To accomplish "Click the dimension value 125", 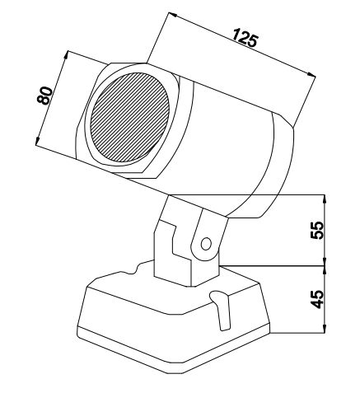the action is (x=245, y=38).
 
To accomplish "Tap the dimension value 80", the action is (x=44, y=96).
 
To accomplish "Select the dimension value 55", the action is (x=317, y=230).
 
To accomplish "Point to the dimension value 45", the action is (x=317, y=299).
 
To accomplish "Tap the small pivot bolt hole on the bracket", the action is (x=206, y=244).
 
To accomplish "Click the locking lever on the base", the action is (x=222, y=310).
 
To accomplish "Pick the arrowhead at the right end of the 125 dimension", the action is (x=311, y=75).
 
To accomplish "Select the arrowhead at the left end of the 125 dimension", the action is (x=173, y=15).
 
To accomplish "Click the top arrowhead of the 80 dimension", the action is (x=66, y=55).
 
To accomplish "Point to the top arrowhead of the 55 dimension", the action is (x=325, y=199).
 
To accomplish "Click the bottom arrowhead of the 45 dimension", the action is (x=325, y=329).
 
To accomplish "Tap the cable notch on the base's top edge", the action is (x=134, y=269).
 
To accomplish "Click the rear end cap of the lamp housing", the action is (x=278, y=165).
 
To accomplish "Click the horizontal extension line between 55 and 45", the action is (x=273, y=266).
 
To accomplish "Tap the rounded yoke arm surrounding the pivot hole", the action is (x=208, y=236).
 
